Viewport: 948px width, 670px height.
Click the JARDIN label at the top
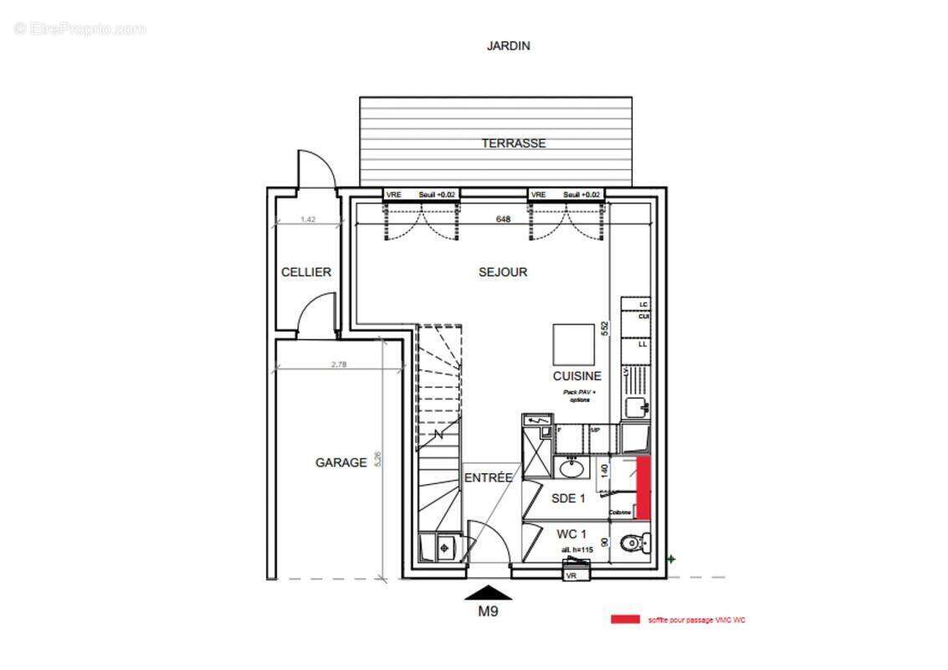click(x=508, y=46)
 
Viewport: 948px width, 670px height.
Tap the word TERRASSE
click(x=513, y=143)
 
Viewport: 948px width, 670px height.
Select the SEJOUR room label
click(x=503, y=272)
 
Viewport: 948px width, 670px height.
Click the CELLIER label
click(x=306, y=272)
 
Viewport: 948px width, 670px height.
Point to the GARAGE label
click(x=341, y=462)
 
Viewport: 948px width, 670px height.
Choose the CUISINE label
click(x=576, y=376)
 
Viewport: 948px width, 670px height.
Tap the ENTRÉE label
click(x=488, y=477)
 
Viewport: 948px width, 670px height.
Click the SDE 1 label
click(x=568, y=498)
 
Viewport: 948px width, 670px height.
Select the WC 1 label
click(x=571, y=533)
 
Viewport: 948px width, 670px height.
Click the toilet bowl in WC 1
click(x=633, y=544)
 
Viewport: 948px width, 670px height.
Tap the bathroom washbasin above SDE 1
click(x=573, y=466)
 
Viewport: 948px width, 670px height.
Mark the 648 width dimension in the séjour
click(x=503, y=219)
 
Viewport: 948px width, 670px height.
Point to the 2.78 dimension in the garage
click(x=340, y=363)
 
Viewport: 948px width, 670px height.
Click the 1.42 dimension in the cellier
click(x=308, y=219)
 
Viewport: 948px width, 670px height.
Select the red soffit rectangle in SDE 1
click(x=643, y=487)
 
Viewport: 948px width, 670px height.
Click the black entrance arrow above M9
click(x=488, y=593)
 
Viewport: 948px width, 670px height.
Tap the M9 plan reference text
click(x=488, y=611)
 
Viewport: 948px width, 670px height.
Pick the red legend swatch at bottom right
click(x=625, y=620)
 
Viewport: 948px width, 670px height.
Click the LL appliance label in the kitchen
click(x=643, y=344)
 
